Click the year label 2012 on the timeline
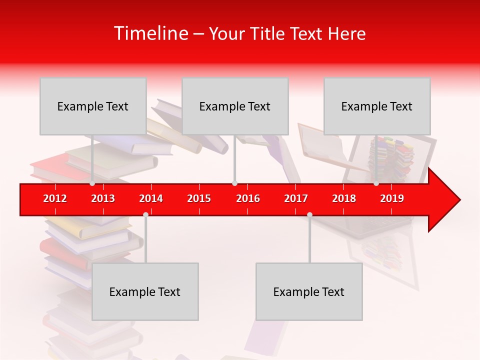pos(55,198)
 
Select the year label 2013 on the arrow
pos(103,198)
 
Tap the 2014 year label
pos(151,198)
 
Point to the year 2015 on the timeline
pos(199,198)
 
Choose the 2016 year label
pos(248,198)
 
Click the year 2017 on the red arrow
pos(296,198)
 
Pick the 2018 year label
pos(344,198)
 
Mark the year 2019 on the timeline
pos(392,198)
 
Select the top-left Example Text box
pos(93,106)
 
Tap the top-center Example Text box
pos(235,106)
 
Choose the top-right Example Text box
pos(377,106)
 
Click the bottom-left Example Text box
pos(145,291)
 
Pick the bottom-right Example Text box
pos(309,291)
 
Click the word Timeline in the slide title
pos(150,33)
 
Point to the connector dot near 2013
pos(92,183)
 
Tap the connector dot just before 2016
pos(234,183)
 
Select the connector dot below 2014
pos(145,214)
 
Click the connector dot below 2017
pos(309,214)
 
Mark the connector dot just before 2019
pos(376,183)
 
